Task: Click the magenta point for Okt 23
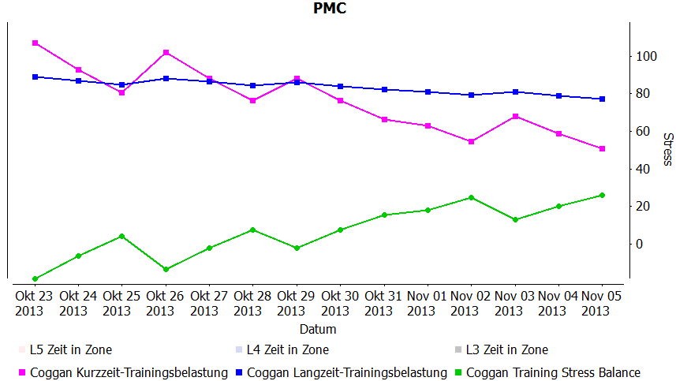(x=35, y=43)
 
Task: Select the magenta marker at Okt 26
(x=166, y=52)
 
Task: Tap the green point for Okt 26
(x=166, y=269)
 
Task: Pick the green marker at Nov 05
(x=602, y=195)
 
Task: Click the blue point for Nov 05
(x=602, y=99)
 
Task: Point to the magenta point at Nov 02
(x=471, y=141)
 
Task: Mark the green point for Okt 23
(x=35, y=278)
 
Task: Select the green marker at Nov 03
(x=515, y=219)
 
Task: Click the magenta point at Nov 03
(x=515, y=116)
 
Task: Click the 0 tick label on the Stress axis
(x=641, y=244)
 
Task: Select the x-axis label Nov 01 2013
(x=428, y=302)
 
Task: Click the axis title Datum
(x=318, y=329)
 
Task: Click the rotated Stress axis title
(x=667, y=149)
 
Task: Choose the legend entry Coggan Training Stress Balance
(x=553, y=372)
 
